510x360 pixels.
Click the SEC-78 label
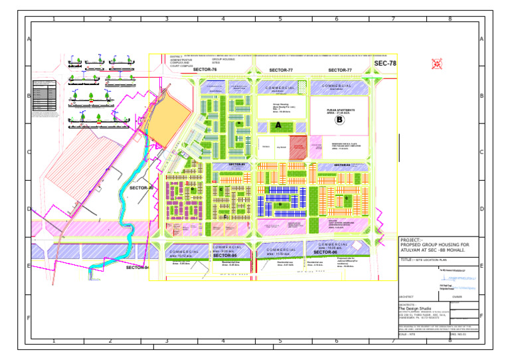384,64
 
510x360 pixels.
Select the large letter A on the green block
278,126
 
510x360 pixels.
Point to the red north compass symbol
436,64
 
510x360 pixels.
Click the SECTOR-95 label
225,255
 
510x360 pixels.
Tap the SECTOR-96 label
325,252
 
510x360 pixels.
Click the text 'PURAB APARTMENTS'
341,110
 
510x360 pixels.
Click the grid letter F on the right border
480,317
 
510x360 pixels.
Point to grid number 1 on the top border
52,19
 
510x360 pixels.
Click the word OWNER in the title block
457,297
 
